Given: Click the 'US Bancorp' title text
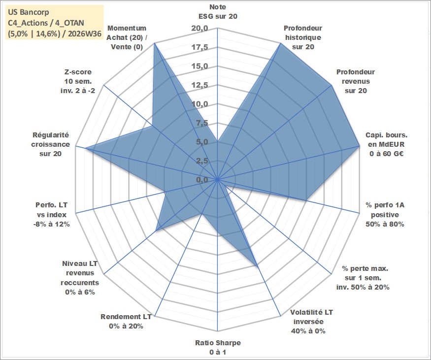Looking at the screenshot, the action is [29, 12].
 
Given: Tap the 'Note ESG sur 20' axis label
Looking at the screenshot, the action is [218, 11].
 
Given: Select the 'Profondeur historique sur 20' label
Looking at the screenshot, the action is [302, 37].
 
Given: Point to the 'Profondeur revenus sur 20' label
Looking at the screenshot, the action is [356, 81].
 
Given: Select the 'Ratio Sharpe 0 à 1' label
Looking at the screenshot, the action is [218, 347].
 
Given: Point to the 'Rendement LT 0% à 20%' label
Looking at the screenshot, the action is [126, 321].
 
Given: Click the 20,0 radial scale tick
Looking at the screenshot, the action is [200, 28].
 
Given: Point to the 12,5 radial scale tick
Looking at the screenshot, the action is [200, 85].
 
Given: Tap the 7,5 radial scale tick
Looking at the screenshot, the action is [202, 123].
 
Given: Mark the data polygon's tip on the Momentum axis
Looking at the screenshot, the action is [155, 43].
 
